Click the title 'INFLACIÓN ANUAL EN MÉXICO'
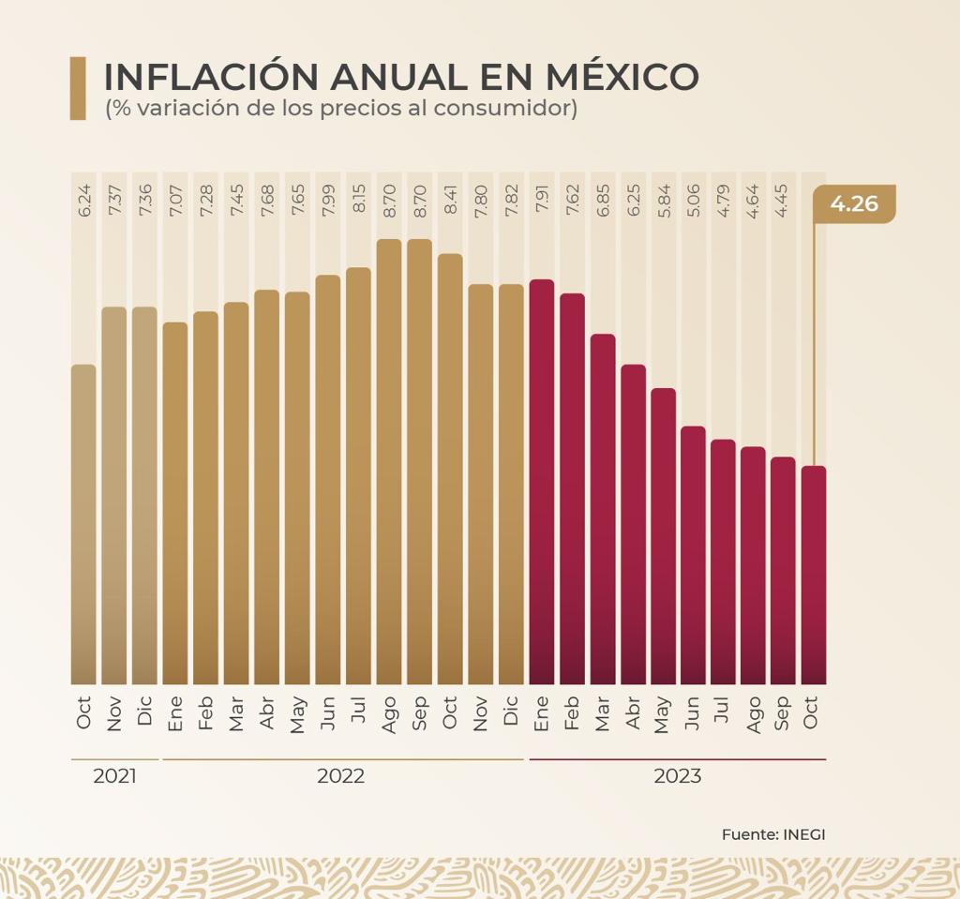coord(401,76)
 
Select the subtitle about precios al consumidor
coord(341,108)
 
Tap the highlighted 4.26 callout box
coord(854,203)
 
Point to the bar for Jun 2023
coord(693,554)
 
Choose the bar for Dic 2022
coord(511,484)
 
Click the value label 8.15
coord(358,200)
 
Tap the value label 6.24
coord(83,200)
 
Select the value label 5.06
coord(693,200)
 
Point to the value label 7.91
coord(541,200)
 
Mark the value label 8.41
coord(450,200)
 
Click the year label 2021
coord(114,777)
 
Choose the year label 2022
coord(340,777)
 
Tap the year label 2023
coord(677,777)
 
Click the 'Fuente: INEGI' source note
coord(773,834)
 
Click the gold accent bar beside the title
coord(78,88)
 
